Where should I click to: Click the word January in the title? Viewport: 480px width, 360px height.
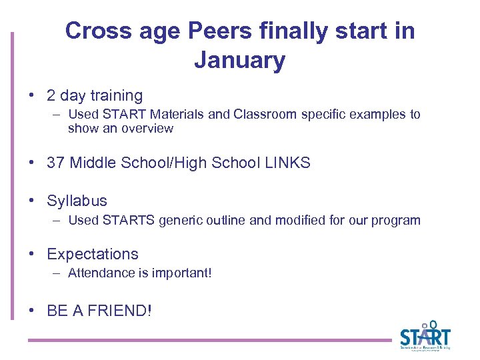239,61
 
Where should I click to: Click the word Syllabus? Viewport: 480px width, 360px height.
77,201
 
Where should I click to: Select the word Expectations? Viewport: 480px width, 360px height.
93,254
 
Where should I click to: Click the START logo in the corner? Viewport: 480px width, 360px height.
425,335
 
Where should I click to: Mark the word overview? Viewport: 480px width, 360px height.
147,129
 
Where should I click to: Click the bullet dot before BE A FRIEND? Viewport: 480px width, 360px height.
33,310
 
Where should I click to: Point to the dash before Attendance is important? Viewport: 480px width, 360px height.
58,273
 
